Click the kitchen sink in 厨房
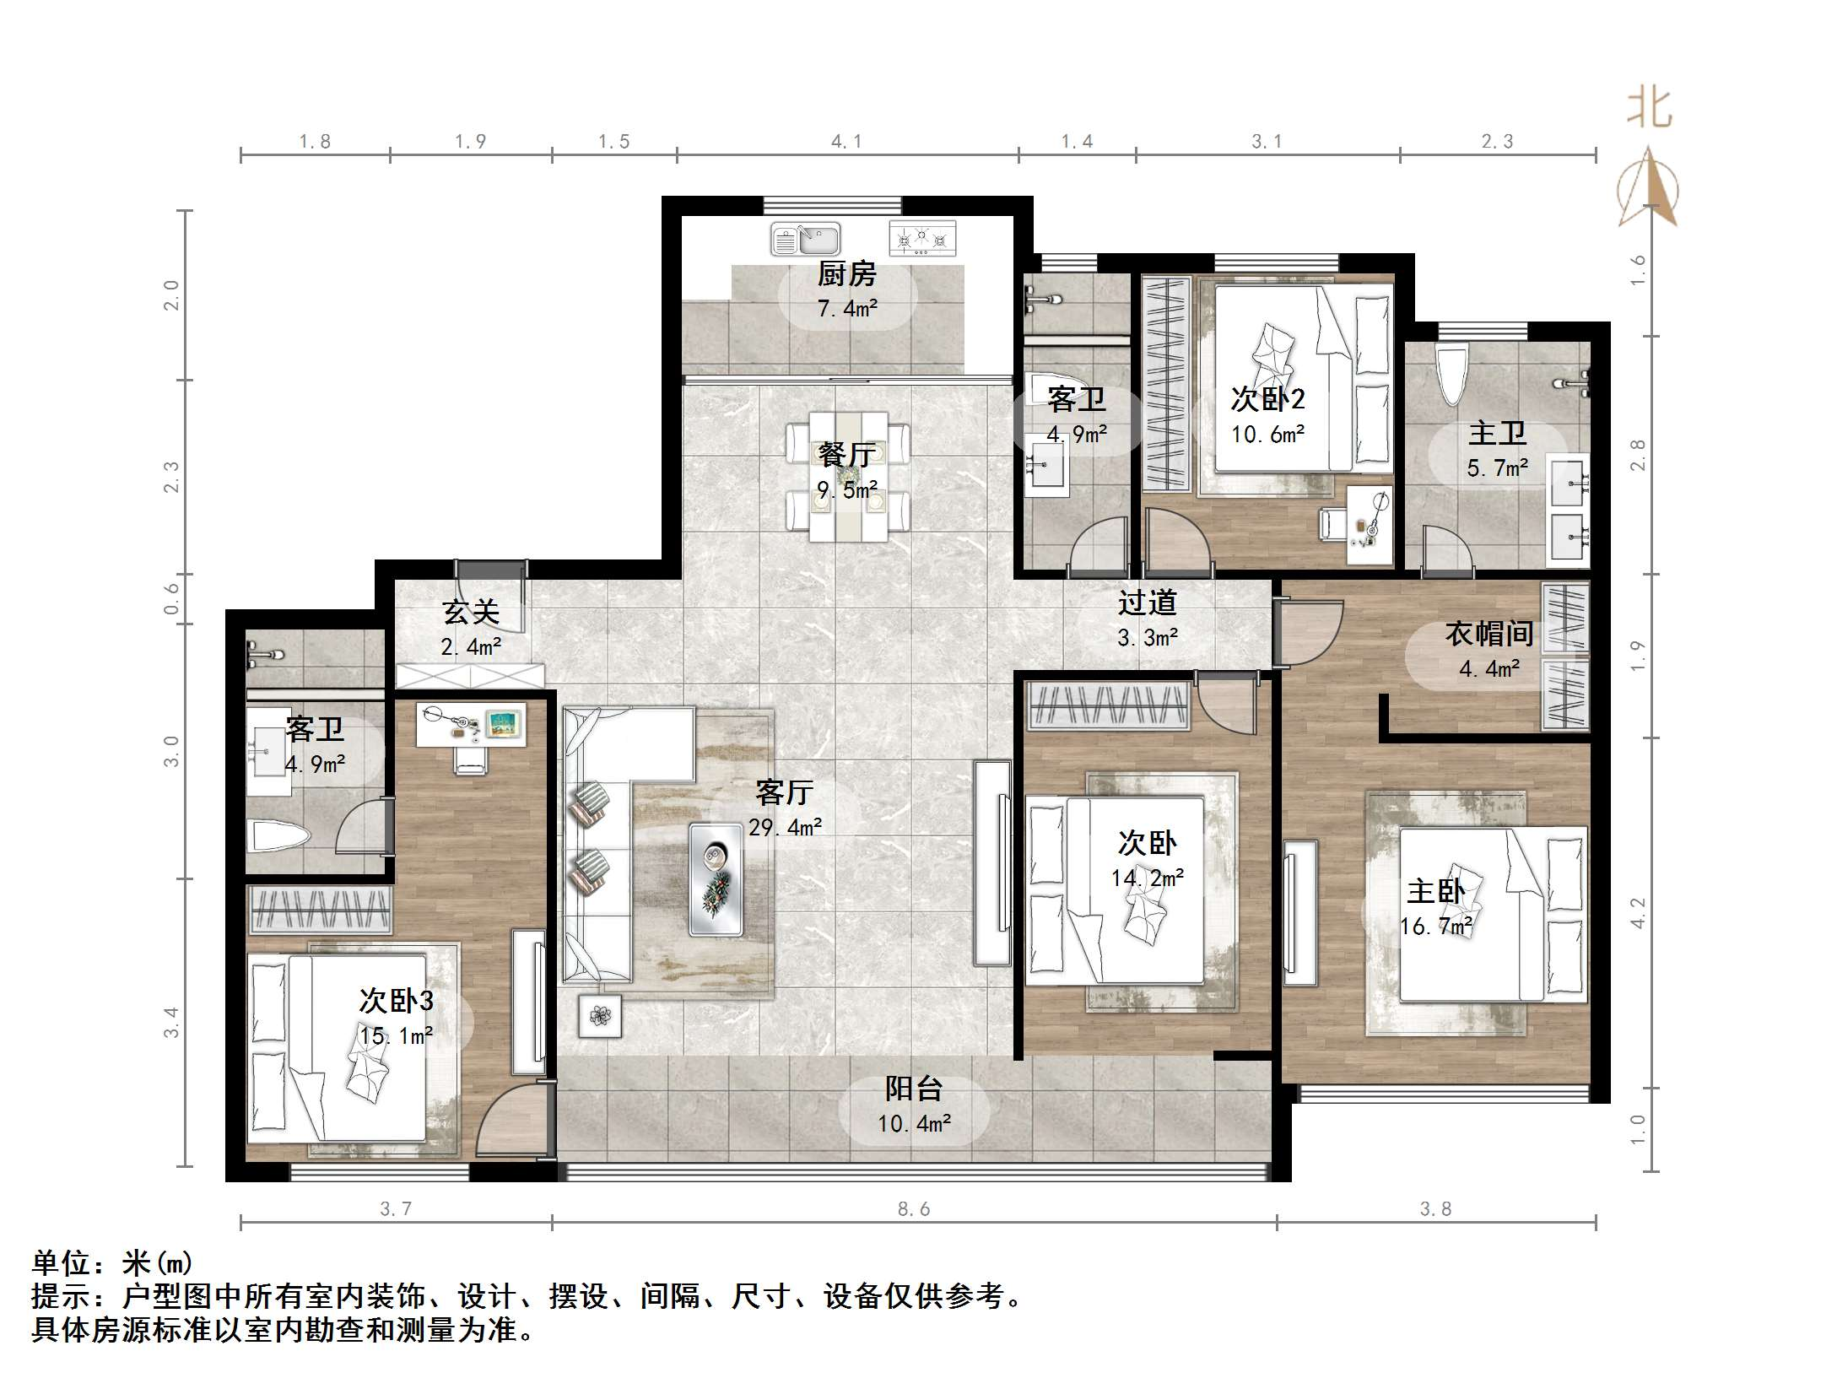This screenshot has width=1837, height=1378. pyautogui.click(x=806, y=239)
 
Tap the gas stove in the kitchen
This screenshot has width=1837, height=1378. pyautogui.click(x=922, y=239)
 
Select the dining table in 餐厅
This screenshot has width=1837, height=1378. pyautogui.click(x=848, y=476)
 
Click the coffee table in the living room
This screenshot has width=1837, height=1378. pyautogui.click(x=716, y=879)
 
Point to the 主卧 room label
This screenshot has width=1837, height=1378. pyautogui.click(x=1435, y=892)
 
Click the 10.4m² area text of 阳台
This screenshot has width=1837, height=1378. pyautogui.click(x=914, y=1124)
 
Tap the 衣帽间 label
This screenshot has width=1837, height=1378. pyautogui.click(x=1489, y=634)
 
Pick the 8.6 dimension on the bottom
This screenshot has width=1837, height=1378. pyautogui.click(x=914, y=1209)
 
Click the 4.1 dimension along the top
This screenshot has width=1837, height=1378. pyautogui.click(x=846, y=142)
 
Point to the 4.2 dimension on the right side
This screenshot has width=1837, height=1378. pyautogui.click(x=1638, y=913)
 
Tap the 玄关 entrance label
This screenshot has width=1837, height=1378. pyautogui.click(x=471, y=612)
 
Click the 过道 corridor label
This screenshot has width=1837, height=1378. pyautogui.click(x=1147, y=603)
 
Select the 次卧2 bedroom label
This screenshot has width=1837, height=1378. pyautogui.click(x=1267, y=398)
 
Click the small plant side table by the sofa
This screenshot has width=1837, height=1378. pyautogui.click(x=600, y=1015)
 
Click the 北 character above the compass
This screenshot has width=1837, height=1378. pyautogui.click(x=1649, y=110)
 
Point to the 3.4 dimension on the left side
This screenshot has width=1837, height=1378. pyautogui.click(x=171, y=1022)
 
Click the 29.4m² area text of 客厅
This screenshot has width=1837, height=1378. pyautogui.click(x=785, y=828)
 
